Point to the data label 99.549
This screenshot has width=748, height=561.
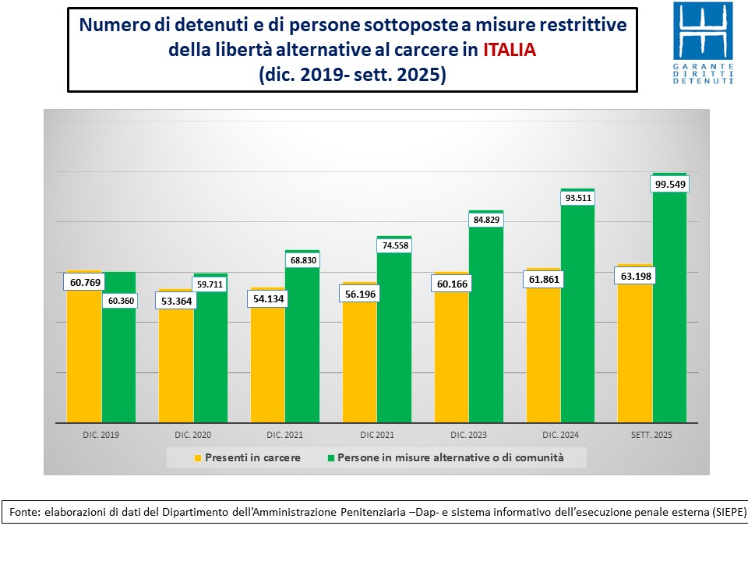669,185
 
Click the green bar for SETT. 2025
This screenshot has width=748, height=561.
669,312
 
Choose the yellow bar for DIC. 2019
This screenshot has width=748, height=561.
84,358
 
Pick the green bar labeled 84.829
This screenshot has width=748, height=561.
486,327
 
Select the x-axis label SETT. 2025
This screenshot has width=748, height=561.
652,434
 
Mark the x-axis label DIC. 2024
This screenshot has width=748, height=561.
560,434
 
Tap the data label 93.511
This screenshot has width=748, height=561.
577,198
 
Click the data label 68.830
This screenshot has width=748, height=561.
302,259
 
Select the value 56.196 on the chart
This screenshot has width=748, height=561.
359,294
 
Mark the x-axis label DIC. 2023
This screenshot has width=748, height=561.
468,434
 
